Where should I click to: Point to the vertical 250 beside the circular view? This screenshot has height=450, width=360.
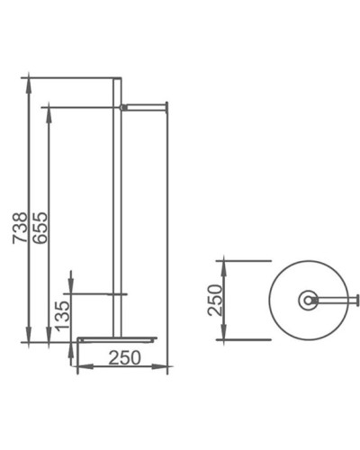(213, 300)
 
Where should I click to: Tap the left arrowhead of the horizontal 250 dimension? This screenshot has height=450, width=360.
(81, 368)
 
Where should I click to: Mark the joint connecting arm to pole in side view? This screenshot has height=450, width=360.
(123, 106)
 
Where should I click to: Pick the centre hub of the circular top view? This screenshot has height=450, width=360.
(309, 299)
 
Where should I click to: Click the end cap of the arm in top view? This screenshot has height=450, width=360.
(357, 299)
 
